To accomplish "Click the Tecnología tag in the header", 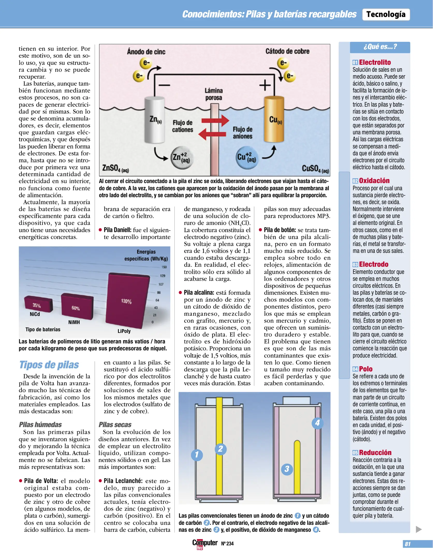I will pos(386,14).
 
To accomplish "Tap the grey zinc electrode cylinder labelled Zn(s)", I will pos(155,119).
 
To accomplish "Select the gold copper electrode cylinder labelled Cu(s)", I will pos(274,119).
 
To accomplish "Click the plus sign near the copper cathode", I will pos(265,85).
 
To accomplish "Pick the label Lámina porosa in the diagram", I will pos(214,94).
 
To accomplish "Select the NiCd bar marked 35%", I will pos(38,305).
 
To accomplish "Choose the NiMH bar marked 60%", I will pos(77,307).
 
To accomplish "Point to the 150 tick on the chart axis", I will pos(164,267).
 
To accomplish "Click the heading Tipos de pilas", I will pos(49,365).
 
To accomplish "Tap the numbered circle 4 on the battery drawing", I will pos(317,423).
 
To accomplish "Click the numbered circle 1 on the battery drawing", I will pos(197,455).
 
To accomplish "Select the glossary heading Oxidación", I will pos(374,181).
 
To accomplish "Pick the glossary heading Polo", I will pos(365,369).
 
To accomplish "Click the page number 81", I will pos(408,544).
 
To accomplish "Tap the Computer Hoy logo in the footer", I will pos(204,543).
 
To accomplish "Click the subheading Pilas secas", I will pos(115,425).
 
